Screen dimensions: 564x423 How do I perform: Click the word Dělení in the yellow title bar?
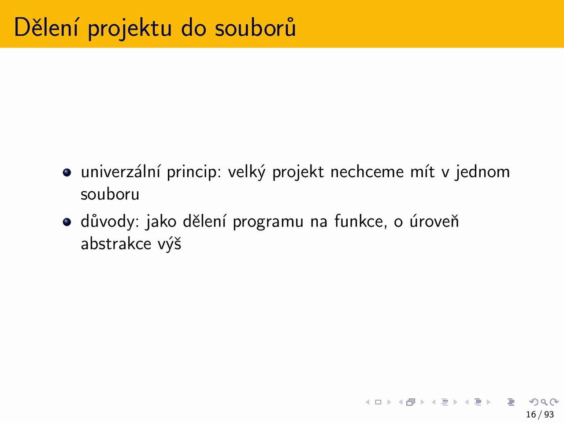point(46,27)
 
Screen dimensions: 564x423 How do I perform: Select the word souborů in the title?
point(256,27)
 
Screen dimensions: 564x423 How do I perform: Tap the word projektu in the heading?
point(130,28)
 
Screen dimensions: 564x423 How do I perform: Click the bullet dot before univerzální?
point(67,172)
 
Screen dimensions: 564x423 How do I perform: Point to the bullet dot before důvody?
point(67,222)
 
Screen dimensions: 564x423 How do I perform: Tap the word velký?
point(247,172)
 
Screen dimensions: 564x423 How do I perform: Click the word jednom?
point(482,172)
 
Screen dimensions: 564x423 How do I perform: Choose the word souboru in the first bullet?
point(110,194)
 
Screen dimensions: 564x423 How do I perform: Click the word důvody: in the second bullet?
point(110,222)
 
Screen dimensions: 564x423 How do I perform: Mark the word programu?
point(268,223)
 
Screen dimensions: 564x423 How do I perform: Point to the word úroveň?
point(434,221)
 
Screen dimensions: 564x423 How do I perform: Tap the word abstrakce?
point(116,244)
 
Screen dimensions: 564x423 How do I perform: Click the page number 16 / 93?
point(540,414)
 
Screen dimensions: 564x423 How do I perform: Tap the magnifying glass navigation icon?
point(544,402)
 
